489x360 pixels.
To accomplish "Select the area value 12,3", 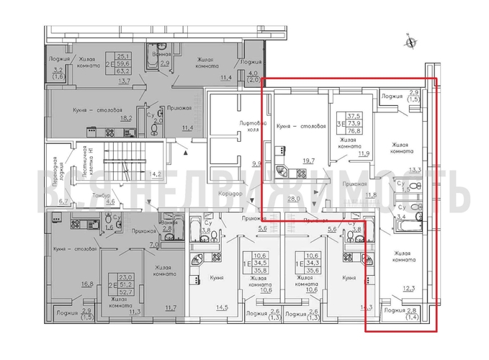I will [408, 289].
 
